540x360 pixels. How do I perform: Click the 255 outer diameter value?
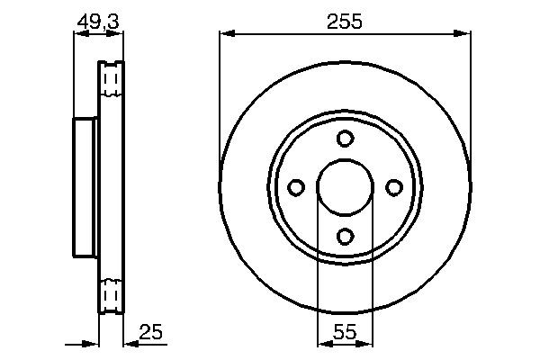click(346, 21)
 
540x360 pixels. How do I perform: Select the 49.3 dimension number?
click(98, 21)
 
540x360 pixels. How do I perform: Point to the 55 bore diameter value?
click(345, 331)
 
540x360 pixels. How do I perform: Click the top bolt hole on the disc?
click(345, 139)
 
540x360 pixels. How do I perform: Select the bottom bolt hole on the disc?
click(345, 236)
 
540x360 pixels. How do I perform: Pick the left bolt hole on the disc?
click(296, 187)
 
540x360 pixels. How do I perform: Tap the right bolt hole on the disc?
click(393, 187)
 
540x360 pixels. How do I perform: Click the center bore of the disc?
click(345, 187)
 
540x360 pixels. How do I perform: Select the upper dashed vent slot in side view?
click(112, 82)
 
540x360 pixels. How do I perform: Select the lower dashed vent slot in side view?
click(112, 293)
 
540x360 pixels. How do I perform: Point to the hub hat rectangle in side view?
click(85, 187)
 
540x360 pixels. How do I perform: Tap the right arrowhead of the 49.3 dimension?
click(117, 34)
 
